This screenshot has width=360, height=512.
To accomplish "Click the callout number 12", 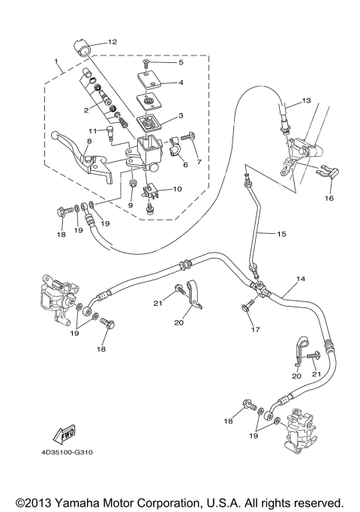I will pyautogui.click(x=112, y=42).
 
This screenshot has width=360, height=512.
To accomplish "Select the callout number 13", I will pyautogui.click(x=305, y=100).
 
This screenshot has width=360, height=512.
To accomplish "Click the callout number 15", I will pyautogui.click(x=280, y=234).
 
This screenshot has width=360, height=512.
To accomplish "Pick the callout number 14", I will pyautogui.click(x=300, y=279).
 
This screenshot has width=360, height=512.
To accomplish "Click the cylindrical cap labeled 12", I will pyautogui.click(x=83, y=47).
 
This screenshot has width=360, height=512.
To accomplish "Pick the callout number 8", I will pyautogui.click(x=67, y=140).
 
